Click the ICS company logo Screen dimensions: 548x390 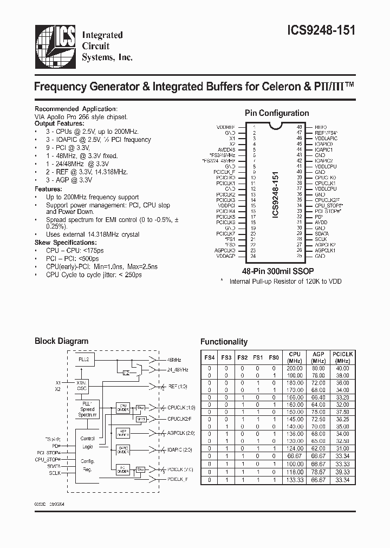point(54,47)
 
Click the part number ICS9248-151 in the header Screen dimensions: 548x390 point(320,31)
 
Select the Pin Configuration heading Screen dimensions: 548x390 point(277,113)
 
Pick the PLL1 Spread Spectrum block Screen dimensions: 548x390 point(87,409)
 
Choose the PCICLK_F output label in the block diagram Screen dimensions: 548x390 point(178,479)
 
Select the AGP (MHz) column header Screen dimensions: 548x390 point(318,357)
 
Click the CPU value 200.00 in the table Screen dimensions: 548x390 point(295,368)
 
